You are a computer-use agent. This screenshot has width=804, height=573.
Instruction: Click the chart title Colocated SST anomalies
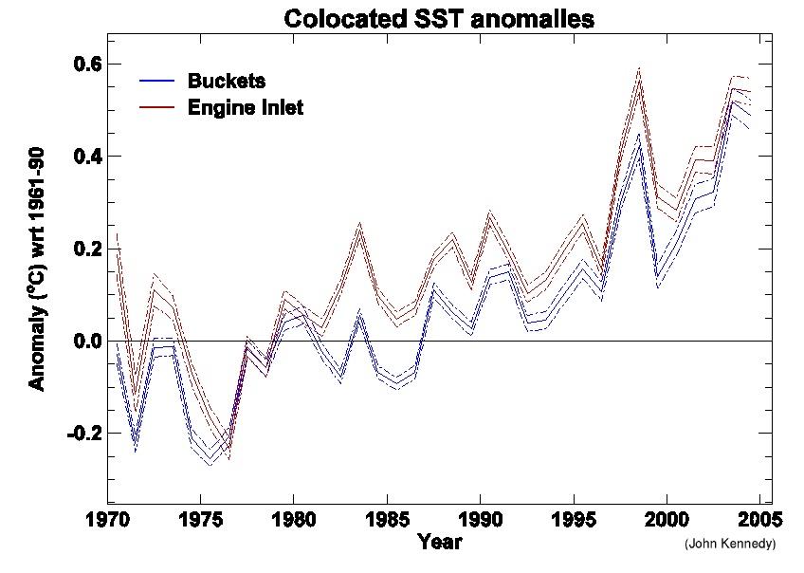point(439,18)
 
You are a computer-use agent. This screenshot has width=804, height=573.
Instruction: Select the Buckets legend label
point(227,81)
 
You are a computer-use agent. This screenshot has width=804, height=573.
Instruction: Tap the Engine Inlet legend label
point(246,107)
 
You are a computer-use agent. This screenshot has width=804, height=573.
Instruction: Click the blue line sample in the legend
point(157,81)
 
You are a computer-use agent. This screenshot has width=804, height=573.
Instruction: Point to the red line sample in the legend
point(157,107)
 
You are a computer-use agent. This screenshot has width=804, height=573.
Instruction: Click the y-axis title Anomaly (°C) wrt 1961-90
point(37,275)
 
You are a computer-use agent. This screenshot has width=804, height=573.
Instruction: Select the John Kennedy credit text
point(729,545)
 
